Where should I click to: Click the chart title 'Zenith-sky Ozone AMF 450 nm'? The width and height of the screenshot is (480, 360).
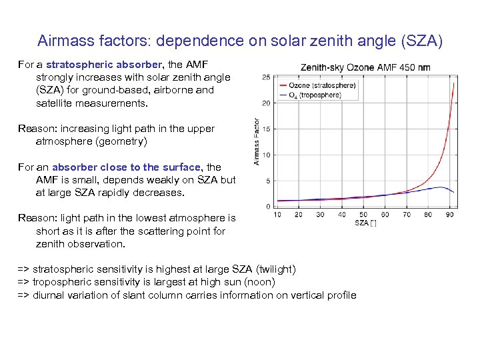point(365,67)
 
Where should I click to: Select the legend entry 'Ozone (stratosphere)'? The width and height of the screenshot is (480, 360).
point(322,85)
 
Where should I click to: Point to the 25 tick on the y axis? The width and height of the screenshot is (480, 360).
point(266,77)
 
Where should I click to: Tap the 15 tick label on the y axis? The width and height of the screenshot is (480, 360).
point(266,129)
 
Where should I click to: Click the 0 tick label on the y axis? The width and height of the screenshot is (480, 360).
point(268,207)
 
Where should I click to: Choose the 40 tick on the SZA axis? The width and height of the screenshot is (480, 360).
point(342,215)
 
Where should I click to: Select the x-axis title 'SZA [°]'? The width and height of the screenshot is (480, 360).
point(365,223)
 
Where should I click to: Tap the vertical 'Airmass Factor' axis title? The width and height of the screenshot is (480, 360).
point(257,141)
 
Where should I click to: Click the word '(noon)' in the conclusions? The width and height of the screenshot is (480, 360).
point(259,282)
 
